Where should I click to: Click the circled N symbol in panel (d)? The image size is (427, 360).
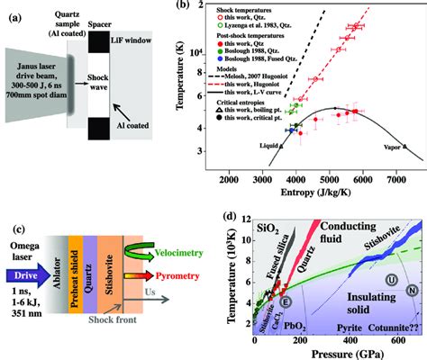412,316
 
